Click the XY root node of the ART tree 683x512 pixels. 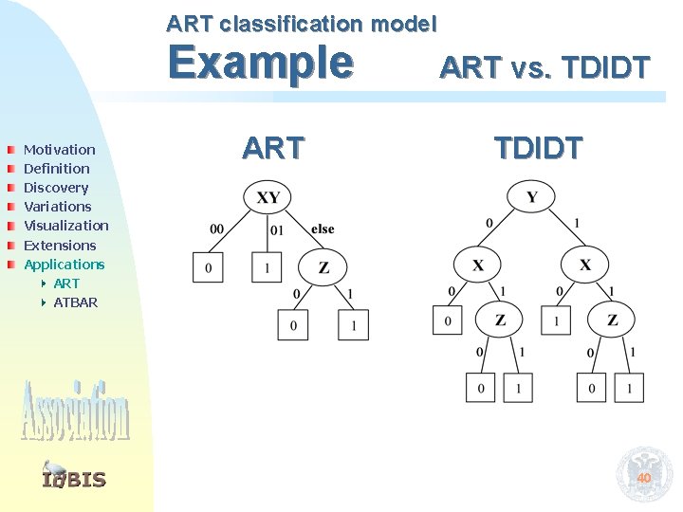268,197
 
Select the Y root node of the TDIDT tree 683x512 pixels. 531,197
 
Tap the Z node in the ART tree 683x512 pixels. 323,267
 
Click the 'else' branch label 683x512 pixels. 323,229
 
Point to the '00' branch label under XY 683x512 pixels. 216,229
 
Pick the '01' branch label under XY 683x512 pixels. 277,229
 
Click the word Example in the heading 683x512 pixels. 260,64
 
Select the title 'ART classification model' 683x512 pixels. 302,22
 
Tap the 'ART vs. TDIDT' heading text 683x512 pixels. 545,67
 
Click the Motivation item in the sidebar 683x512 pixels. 59,149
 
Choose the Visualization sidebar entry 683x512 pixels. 65,226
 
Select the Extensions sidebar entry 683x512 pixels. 60,245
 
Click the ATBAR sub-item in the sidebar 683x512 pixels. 75,302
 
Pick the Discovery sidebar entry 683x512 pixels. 55,188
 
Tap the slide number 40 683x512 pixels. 643,478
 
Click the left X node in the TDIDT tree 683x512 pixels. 477,264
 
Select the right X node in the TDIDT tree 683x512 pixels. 585,264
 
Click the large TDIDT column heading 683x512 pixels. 538,148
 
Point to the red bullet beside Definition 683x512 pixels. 9,169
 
